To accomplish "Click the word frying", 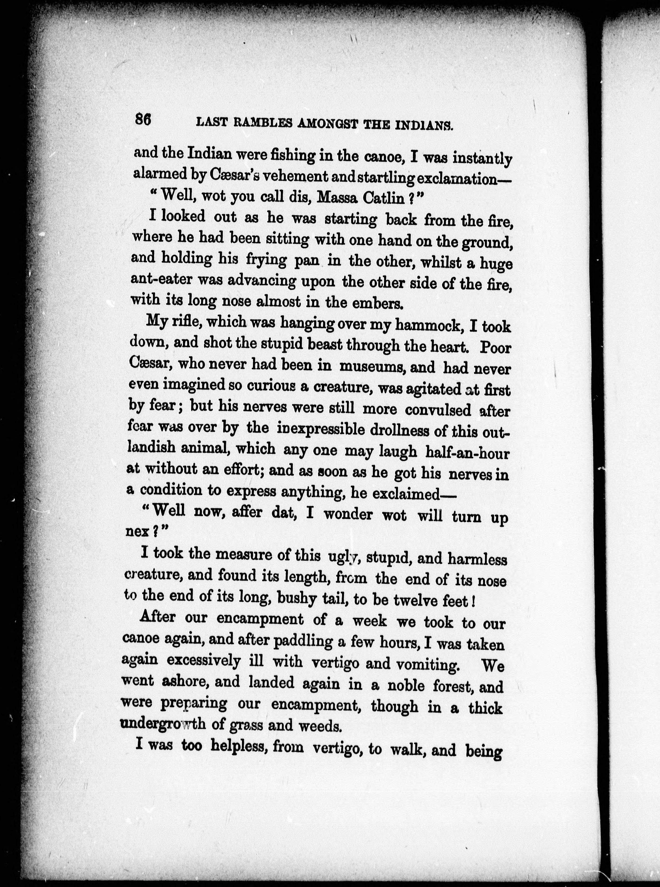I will [x=266, y=260].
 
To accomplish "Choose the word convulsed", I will [x=438, y=410].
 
